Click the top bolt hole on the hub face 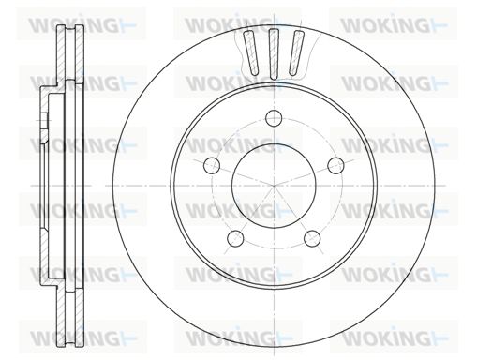coord(274,118)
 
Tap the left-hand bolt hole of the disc coord(212,165)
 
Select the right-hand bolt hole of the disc coord(335,165)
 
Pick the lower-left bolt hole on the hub coord(235,238)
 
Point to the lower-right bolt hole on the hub coord(312,238)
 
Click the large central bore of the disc coord(274,186)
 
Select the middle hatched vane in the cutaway coord(274,53)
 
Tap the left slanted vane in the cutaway coord(251,52)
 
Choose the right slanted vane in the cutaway coord(296,52)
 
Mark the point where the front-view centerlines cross coord(274,186)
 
